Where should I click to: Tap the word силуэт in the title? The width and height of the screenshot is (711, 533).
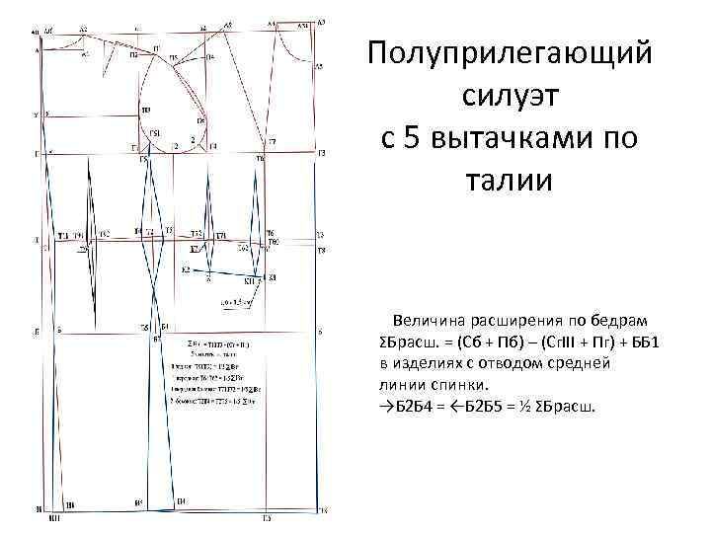(509, 96)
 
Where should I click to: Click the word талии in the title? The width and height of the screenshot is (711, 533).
(509, 183)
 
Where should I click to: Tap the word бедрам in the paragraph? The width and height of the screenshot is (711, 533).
(615, 321)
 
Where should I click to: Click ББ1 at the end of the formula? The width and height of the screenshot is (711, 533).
(643, 342)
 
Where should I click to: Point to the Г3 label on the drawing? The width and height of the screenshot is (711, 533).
(321, 154)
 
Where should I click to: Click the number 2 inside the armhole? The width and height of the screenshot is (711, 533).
(191, 140)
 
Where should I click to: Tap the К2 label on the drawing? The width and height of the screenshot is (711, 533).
(185, 269)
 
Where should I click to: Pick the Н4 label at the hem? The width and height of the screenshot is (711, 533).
(181, 501)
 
